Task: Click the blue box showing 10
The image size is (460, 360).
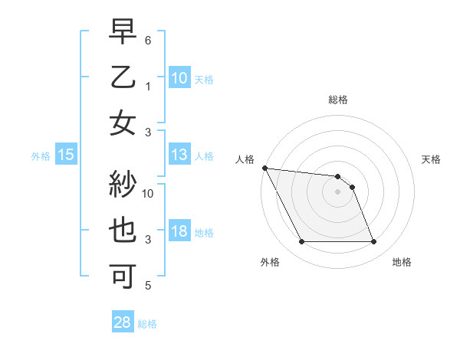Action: point(179,78)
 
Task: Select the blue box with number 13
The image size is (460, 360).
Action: point(179,155)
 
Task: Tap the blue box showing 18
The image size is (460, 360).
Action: point(179,232)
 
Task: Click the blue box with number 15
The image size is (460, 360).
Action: point(66,155)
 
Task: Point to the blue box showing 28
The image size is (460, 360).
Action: point(123,323)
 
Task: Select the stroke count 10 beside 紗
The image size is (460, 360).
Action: point(148,193)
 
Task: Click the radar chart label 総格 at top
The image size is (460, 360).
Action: point(338,100)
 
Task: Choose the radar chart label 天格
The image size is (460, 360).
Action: point(431,159)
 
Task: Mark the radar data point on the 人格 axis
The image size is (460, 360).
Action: point(264,168)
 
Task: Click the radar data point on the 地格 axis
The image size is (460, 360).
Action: point(374,242)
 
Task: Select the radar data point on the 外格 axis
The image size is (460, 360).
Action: point(301,242)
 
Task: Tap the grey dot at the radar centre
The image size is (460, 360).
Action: point(338,191)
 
